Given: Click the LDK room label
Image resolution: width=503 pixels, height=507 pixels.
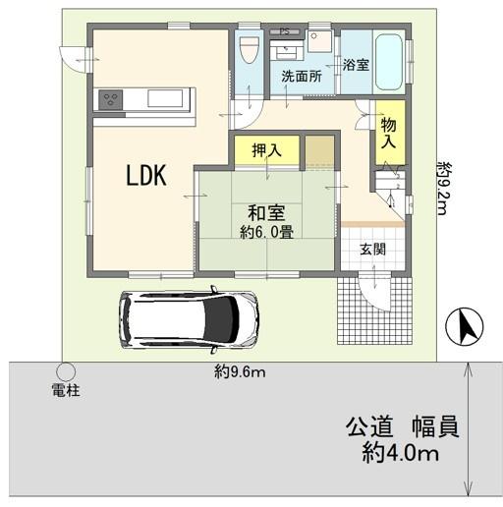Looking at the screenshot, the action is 146,176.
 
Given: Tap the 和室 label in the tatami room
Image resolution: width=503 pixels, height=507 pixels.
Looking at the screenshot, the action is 266,213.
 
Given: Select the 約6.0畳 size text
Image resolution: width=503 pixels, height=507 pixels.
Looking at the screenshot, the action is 266,232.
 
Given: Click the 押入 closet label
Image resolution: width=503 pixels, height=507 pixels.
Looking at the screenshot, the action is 266,150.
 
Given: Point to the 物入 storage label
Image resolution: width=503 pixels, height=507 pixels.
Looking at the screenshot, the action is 389,134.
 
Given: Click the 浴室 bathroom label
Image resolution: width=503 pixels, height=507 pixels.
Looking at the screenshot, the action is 357,65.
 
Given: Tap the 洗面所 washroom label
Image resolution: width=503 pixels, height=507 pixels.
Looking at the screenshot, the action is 302,76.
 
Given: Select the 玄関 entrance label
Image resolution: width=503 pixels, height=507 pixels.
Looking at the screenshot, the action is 372,250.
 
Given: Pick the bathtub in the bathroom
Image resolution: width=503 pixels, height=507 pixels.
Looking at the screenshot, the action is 389,62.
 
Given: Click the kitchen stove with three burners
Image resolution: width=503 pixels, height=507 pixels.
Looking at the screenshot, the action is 111,99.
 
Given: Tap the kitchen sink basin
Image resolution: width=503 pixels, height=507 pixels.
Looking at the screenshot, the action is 165,98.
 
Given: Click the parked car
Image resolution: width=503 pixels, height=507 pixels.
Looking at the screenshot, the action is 189,319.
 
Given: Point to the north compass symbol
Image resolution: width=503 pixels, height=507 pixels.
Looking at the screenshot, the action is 465,327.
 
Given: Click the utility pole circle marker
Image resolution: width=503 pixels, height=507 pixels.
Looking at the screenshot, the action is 66,372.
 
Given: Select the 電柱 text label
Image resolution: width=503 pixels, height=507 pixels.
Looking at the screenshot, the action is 66,390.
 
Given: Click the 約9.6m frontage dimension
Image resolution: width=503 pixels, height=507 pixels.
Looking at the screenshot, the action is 240,372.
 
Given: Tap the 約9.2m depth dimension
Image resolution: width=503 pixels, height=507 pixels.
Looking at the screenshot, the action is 444,189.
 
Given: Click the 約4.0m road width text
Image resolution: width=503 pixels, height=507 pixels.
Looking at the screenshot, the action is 400,454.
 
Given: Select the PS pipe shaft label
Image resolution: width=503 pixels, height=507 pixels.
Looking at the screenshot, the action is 285,31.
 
